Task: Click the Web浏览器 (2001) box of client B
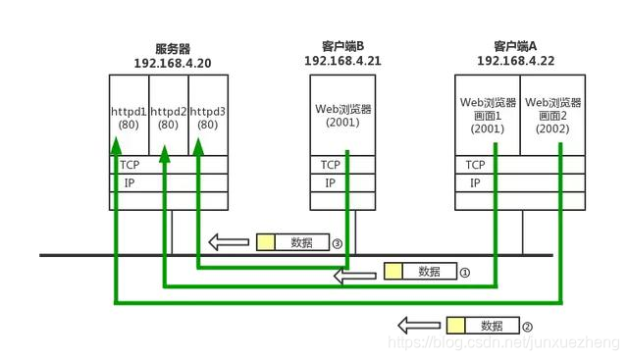[341, 117]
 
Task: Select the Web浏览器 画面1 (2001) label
[487, 115]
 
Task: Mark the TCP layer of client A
[476, 165]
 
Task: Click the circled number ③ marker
[337, 242]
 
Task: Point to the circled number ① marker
[465, 272]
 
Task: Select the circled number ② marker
[527, 326]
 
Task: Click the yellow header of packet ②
[455, 325]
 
